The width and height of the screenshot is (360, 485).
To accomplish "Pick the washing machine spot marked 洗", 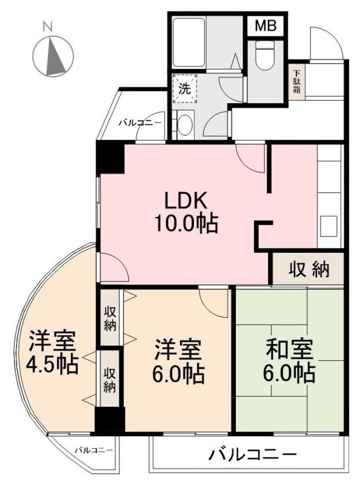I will (x=184, y=87).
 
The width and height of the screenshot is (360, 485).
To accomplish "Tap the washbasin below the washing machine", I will (x=184, y=125).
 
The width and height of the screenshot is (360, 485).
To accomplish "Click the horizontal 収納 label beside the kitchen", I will (x=308, y=269).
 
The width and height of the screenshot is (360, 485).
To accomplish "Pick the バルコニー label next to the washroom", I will (x=140, y=122).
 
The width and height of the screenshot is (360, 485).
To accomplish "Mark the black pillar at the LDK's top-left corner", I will (x=110, y=159).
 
